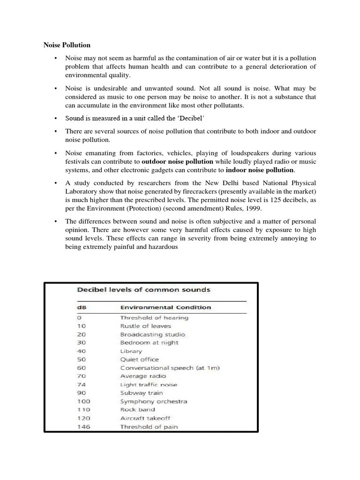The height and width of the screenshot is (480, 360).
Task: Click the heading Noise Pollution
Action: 67,45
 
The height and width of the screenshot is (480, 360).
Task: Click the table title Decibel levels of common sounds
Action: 143,290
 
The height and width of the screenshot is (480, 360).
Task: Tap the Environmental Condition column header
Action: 165,307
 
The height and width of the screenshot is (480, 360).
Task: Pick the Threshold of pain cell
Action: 149,427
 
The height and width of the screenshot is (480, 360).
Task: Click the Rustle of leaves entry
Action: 145,326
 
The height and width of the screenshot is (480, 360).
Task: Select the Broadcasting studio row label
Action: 152,334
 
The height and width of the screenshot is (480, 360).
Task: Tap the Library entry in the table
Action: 131,351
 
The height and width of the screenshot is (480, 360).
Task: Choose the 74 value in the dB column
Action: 82,384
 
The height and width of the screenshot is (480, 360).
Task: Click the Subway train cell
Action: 142,393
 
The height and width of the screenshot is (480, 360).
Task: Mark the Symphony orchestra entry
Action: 153,401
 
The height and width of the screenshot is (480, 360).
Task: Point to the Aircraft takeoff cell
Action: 146,418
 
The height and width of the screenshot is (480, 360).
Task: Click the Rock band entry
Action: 137,410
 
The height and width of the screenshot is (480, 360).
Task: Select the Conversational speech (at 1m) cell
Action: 170,368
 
